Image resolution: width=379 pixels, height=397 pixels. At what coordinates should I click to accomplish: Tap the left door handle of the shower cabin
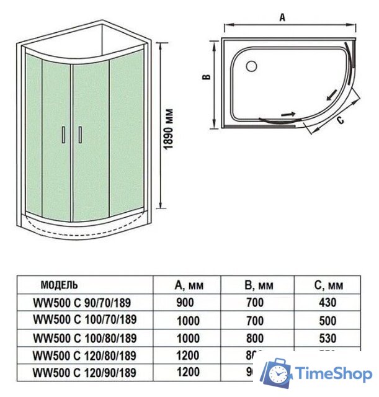coord(64,135)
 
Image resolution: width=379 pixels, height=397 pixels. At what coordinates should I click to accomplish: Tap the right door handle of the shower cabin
coord(79,135)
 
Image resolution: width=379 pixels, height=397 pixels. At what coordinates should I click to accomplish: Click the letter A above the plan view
coord(282,17)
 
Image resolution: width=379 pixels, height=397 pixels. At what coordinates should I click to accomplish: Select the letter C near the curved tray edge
coord(340,120)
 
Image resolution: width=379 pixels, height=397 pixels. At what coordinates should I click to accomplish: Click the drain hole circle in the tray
coord(252,65)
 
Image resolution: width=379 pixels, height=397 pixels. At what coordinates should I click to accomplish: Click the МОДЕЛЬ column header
coord(60,285)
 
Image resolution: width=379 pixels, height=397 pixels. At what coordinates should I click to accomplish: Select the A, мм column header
coord(189,286)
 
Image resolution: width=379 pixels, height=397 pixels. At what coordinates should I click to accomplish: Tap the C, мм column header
coord(328,286)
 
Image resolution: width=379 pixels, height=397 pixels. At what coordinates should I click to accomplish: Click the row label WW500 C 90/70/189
coord(82,303)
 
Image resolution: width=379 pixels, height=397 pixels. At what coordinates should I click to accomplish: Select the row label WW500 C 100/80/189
coord(84,338)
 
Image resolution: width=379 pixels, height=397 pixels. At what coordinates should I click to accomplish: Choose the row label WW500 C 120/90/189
coord(84,372)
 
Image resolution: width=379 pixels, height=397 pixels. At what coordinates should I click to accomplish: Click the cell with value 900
coord(185,303)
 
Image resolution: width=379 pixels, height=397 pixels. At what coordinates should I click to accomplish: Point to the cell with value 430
coord(327,303)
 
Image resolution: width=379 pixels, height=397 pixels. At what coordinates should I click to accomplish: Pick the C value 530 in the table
coord(327,338)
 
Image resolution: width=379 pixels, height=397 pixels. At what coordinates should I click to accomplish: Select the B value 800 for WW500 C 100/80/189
coord(254,338)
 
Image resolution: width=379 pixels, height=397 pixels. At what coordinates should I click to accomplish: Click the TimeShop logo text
coord(334,374)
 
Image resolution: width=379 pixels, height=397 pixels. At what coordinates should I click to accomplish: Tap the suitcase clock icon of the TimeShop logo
coord(277,374)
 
